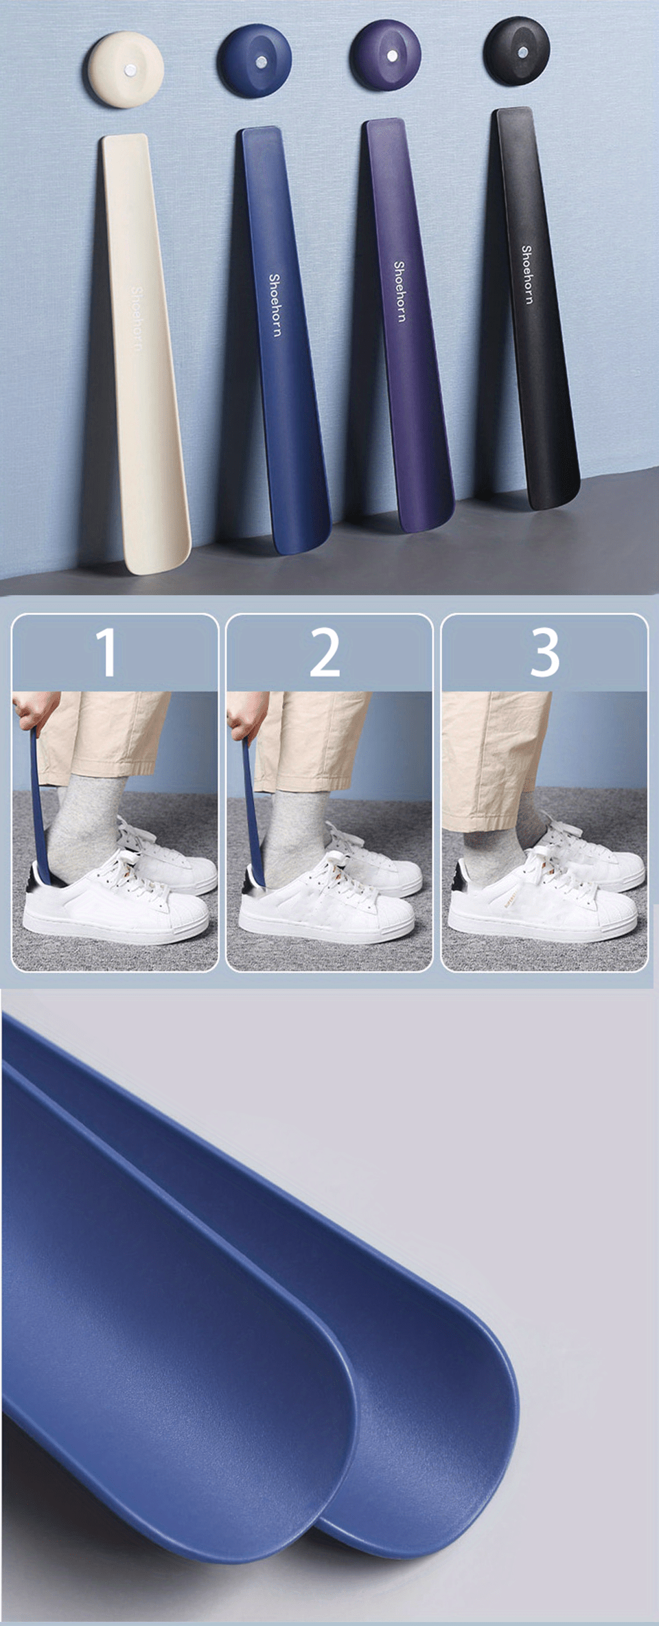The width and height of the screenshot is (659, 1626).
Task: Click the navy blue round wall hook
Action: click(255, 60)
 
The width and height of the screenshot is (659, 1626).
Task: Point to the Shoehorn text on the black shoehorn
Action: click(527, 274)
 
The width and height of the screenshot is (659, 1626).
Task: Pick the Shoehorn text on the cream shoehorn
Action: click(136, 319)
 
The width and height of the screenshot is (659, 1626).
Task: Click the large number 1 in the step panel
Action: click(106, 652)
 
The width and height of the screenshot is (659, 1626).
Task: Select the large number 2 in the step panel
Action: click(325, 652)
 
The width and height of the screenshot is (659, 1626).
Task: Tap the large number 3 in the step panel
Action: click(545, 652)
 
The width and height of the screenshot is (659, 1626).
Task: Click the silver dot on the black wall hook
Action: click(523, 52)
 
